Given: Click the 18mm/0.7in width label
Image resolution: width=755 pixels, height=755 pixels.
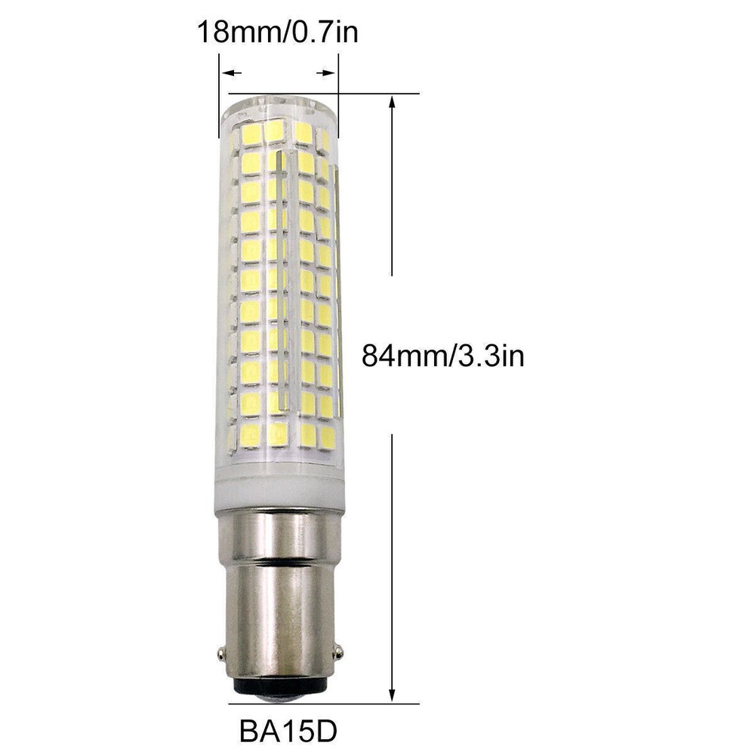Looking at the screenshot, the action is coord(278,32).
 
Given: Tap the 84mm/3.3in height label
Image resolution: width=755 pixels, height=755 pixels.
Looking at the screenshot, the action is coord(443,356).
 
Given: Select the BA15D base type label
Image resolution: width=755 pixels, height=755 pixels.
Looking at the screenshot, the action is coord(288,732).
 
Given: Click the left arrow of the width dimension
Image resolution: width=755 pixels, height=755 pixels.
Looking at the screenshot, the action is coord(230,73).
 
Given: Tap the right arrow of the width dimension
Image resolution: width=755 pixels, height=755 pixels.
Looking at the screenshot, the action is coord(326,73).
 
